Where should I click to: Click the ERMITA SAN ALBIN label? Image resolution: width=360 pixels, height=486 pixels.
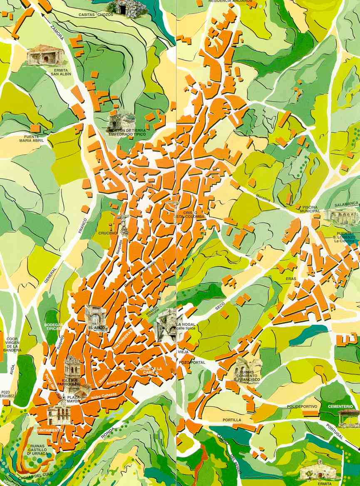point(61,72)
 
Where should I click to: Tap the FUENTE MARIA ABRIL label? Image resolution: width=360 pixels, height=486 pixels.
point(32,139)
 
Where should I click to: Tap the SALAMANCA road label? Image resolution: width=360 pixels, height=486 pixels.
point(346,204)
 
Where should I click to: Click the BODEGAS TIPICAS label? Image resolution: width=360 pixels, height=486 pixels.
point(53,327)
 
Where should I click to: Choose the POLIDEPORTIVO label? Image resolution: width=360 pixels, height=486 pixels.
point(302,406)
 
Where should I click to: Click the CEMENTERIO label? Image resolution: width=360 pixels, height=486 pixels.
point(340,406)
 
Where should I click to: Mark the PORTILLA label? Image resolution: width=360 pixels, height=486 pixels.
point(232,420)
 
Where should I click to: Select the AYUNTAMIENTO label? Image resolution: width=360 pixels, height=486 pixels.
point(48,430)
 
